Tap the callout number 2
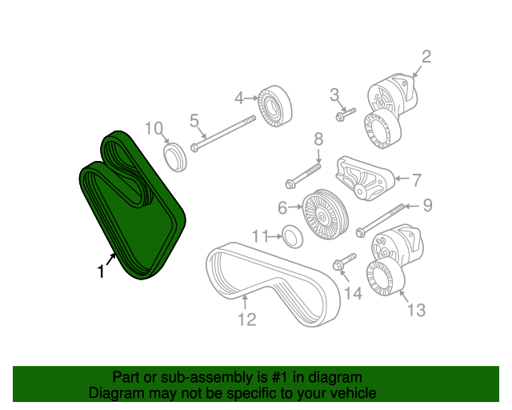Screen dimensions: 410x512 (x=426, y=56)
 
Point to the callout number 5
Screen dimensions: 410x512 (x=194, y=121)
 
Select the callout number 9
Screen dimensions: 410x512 (x=427, y=206)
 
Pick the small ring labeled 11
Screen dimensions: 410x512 (x=294, y=236)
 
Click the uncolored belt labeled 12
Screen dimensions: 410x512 (x=264, y=284)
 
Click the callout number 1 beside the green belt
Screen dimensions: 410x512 (x=101, y=272)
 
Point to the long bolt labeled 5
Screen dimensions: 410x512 (x=224, y=134)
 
